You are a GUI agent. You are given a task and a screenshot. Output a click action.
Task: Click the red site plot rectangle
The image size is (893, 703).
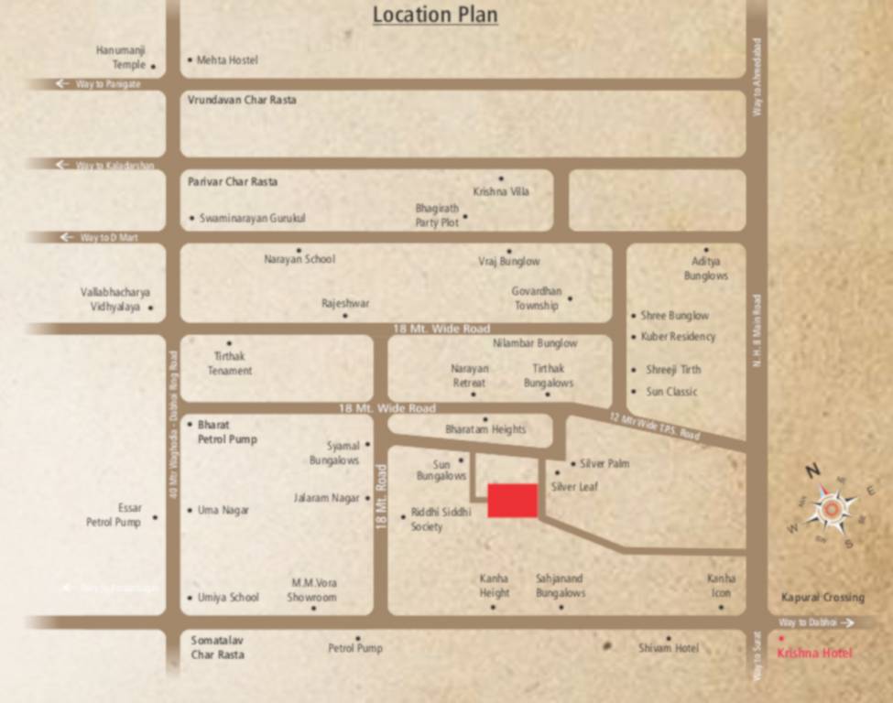click(512, 501)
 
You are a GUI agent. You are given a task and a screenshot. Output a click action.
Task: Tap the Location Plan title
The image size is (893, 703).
click(435, 15)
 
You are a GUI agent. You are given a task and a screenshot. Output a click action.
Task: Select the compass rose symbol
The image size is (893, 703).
click(831, 509)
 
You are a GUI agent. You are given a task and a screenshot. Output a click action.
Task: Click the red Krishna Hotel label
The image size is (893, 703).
click(814, 653)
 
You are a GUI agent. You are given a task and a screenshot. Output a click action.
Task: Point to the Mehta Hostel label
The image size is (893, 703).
click(227, 60)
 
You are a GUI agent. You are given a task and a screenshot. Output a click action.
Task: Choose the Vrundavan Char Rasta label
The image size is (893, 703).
click(242, 100)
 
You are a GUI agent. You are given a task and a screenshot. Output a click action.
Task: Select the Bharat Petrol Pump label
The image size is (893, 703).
click(227, 432)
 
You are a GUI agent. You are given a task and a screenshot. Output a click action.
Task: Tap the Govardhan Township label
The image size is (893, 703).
click(536, 298)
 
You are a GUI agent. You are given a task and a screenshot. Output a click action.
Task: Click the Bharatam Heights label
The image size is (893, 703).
click(485, 429)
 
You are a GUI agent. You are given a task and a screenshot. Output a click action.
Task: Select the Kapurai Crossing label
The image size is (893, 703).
click(822, 598)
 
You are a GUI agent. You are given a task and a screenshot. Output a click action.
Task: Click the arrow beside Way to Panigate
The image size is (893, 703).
click(62, 83)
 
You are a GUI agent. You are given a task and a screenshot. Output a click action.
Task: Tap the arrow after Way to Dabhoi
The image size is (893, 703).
click(847, 622)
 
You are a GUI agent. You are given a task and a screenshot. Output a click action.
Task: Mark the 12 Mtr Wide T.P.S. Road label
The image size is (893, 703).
click(654, 427)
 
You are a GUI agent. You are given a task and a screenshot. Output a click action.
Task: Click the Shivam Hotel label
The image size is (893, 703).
click(668, 648)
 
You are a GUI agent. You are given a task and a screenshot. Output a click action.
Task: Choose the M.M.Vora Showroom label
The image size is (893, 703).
click(314, 590)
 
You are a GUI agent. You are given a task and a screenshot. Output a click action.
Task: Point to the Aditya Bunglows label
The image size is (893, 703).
click(706, 268)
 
